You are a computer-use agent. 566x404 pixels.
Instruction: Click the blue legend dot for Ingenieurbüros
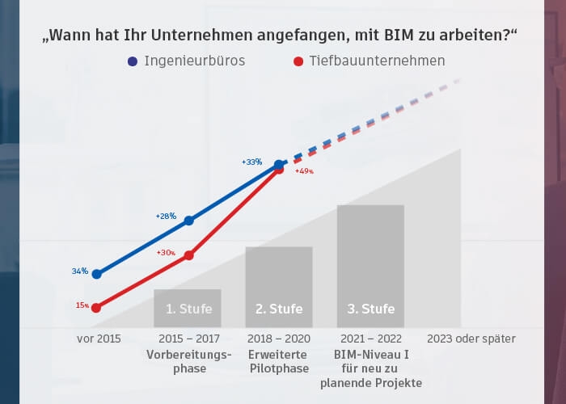(133, 61)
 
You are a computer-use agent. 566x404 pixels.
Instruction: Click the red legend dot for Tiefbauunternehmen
(298, 61)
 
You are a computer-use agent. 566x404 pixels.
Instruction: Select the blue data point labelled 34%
(97, 274)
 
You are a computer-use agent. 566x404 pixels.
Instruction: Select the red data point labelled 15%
(96, 307)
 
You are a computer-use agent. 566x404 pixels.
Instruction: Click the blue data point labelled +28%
(189, 220)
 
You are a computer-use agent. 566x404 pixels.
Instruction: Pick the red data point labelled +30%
(189, 255)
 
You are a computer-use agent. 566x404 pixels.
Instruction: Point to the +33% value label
(251, 162)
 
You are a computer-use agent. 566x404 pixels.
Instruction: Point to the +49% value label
(303, 171)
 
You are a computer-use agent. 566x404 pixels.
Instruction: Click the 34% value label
(79, 271)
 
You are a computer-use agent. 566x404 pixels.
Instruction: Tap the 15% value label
(82, 305)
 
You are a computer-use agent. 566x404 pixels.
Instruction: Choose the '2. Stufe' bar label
(279, 309)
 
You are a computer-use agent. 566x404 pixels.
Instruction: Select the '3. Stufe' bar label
(370, 309)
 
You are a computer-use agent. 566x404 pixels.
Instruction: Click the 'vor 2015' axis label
(99, 339)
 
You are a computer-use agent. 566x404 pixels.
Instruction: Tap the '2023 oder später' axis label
(471, 339)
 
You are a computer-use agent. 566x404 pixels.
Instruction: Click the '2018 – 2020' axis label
(278, 339)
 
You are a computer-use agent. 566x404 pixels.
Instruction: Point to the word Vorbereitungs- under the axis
(189, 354)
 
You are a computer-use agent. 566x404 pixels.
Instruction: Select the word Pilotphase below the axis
(278, 368)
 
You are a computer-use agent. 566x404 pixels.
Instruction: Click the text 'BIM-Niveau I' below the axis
(370, 354)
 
